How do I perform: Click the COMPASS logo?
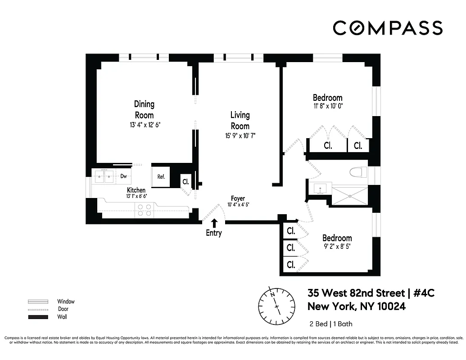tap(388, 28)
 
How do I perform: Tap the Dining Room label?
tap(144, 109)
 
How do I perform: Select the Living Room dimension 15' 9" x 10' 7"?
tap(240, 135)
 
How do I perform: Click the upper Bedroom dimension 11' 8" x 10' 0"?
tap(328, 107)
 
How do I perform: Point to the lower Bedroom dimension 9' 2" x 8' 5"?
tap(337, 247)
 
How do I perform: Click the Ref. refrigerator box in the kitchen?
tap(161, 177)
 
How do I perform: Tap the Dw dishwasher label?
tap(123, 177)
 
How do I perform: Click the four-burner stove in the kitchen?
tap(144, 210)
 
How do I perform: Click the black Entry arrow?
tap(214, 222)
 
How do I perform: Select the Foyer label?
tap(238, 198)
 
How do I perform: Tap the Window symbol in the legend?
tap(38, 301)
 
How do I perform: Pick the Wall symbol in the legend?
tap(38, 317)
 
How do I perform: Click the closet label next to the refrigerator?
tap(185, 182)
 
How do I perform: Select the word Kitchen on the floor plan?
tap(136, 190)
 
